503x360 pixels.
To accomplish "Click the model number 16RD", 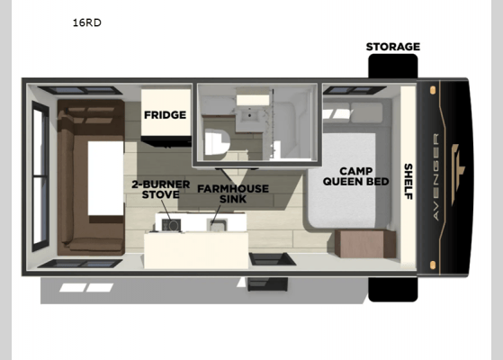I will (87, 22).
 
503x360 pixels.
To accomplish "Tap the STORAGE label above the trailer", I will (392, 47).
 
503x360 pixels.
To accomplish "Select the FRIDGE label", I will (165, 115).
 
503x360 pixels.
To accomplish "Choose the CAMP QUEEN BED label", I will (364, 176).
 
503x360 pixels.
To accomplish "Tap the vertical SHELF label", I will (408, 181).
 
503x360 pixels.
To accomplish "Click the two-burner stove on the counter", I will (170, 222).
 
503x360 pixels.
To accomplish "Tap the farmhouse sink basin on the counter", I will (217, 222).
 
